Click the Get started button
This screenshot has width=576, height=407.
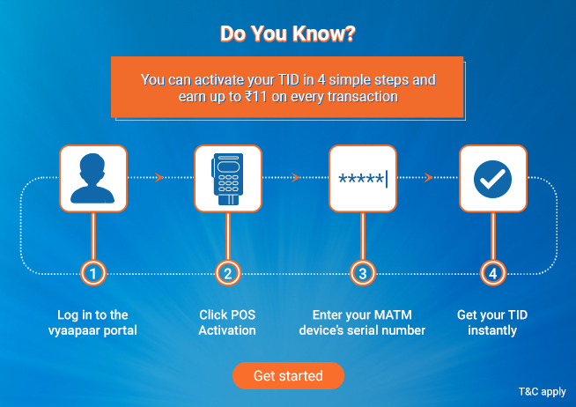(288, 375)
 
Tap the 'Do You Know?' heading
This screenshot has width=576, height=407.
(288, 33)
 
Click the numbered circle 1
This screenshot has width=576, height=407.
(93, 273)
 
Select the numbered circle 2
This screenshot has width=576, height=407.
(228, 273)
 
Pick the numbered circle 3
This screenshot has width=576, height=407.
(363, 273)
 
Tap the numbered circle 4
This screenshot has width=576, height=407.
(493, 273)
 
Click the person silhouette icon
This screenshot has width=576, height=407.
(93, 179)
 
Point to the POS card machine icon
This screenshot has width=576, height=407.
(228, 179)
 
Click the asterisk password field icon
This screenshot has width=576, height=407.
(363, 179)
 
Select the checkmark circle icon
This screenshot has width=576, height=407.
(493, 179)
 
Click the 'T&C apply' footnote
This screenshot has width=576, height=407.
(543, 391)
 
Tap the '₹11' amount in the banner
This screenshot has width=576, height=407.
(255, 97)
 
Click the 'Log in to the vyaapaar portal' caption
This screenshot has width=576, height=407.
(92, 322)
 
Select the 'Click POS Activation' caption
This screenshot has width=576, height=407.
(227, 322)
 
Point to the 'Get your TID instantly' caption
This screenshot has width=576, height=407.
(492, 322)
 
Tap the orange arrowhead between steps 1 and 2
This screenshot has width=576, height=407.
(159, 177)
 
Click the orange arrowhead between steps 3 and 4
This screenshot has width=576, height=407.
(428, 177)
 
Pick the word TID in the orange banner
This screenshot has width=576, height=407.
(289, 79)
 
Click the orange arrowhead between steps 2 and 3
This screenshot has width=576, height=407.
(296, 177)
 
